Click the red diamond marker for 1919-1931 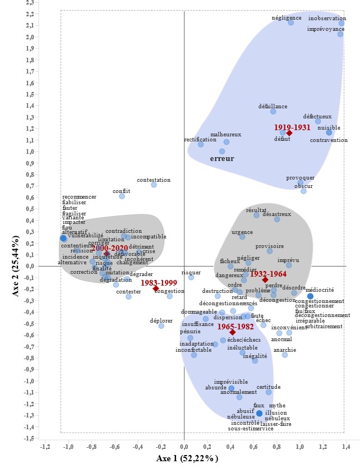[x=289, y=133]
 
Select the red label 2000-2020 [x=110, y=247]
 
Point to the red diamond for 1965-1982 [x=232, y=332]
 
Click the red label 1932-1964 [x=267, y=273]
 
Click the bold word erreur [x=222, y=159]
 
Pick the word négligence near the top [x=287, y=17]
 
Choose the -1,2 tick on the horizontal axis [x=45, y=447]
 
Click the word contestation [x=154, y=180]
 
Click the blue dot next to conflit [x=122, y=196]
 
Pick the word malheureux [x=225, y=135]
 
